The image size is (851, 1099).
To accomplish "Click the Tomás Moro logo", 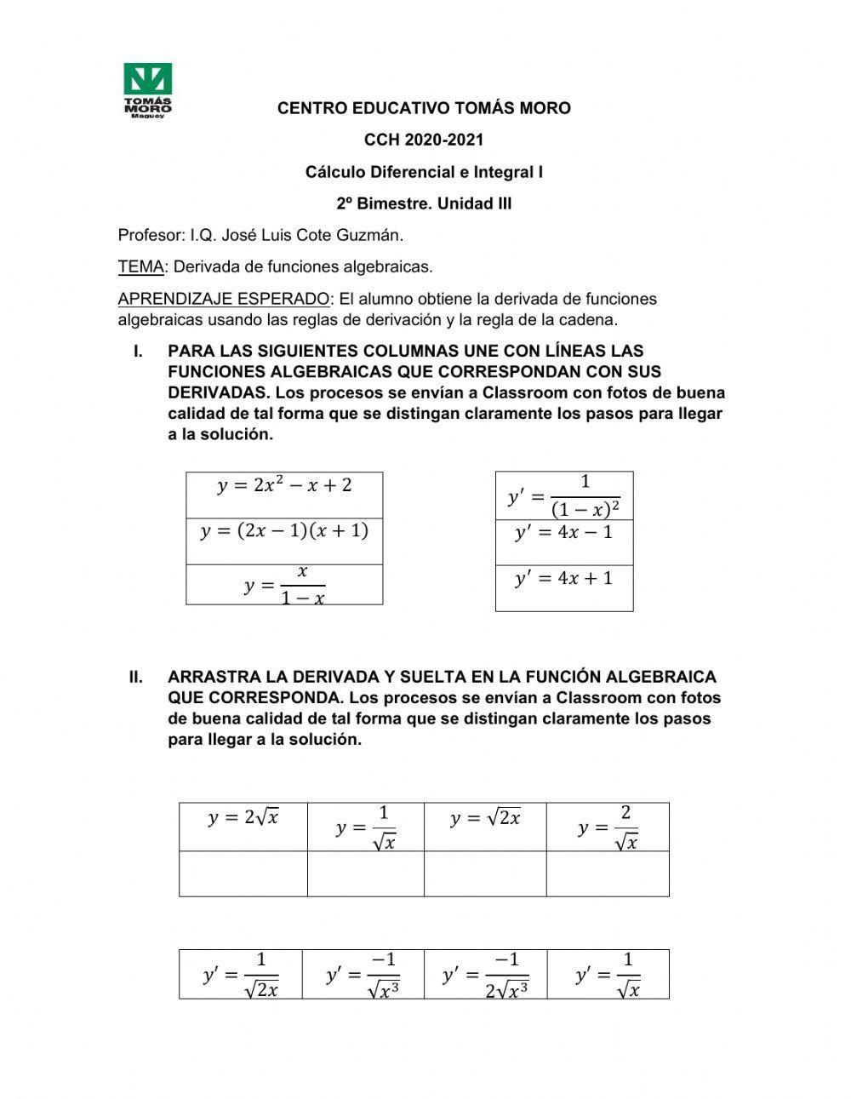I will coord(148,90).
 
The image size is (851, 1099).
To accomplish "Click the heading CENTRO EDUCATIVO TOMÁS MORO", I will coord(424,108).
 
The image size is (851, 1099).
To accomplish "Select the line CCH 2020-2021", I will coord(424,140).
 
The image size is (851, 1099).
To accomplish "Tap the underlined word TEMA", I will coord(140,267).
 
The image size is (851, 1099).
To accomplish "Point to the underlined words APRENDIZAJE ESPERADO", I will coord(223,299).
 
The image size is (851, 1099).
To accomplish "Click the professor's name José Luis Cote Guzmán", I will coord(297,235).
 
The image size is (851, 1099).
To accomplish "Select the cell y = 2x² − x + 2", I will coord(284,487).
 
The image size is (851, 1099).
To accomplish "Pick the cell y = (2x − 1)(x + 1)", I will coord(284,532).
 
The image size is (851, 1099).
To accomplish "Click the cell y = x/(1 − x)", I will coord(284,585).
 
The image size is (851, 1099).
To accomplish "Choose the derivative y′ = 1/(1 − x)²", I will coord(563,495).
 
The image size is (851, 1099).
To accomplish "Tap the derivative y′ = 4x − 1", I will coord(563,533).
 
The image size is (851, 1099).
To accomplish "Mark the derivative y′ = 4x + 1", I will coord(563,579).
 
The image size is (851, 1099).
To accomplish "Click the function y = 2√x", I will coord(243,818).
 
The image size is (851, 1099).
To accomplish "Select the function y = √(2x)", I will coord(485,818).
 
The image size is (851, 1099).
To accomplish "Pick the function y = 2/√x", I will coord(608,827).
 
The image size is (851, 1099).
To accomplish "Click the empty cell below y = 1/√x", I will coord(365,873).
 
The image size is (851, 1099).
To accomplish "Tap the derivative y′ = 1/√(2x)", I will coord(241,975).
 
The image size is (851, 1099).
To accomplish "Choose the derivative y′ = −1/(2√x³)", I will coord(485,975).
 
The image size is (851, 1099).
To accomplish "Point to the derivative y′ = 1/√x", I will coord(608,975).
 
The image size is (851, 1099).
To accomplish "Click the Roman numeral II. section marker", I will coord(135,678).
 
